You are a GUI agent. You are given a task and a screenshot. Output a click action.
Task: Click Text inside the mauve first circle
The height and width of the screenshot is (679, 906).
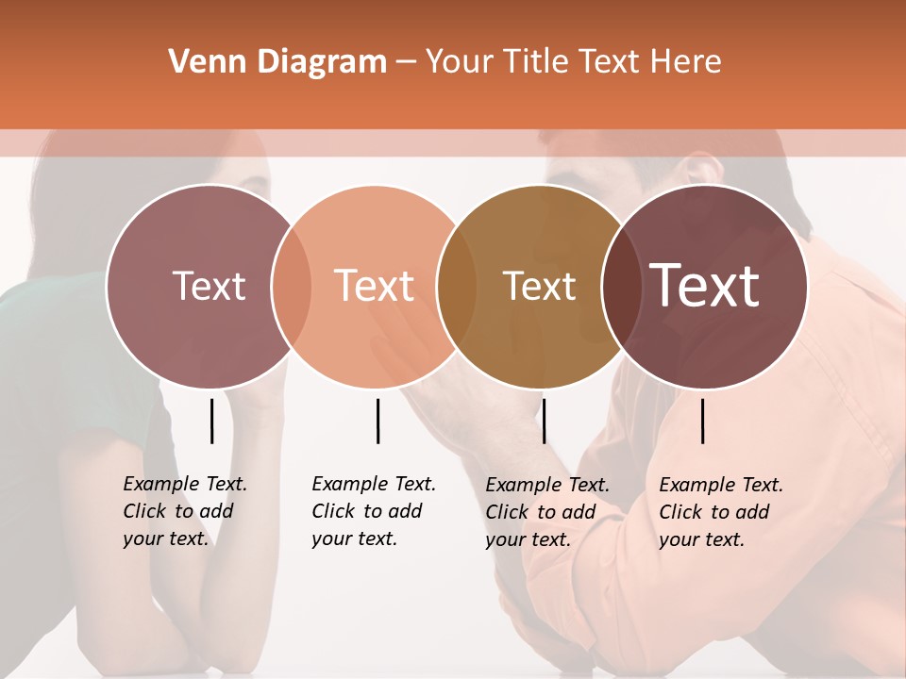209,286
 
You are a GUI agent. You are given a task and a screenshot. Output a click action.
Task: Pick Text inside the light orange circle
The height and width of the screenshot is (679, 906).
375,286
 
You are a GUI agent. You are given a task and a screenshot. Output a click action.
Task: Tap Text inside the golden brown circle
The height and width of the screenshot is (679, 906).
540,286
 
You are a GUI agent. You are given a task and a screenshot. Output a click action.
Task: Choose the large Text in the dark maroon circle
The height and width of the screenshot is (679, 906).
705,286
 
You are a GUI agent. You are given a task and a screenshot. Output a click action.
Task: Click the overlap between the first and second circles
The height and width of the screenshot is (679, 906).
292,287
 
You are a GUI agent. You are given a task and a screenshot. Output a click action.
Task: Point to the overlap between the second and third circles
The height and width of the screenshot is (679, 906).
458,287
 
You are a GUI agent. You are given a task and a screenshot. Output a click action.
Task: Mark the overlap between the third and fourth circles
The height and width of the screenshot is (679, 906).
619,287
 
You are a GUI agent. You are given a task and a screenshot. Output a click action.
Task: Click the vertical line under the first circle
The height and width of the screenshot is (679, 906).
211,421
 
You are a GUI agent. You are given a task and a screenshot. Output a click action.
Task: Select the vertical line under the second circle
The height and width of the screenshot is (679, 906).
377,421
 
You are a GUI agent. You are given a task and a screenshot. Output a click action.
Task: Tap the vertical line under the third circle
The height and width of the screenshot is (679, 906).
544,421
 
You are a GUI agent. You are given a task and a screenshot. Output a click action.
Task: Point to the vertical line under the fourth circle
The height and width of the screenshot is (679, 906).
703,421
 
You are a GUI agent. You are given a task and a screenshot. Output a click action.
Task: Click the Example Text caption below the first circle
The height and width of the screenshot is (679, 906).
184,511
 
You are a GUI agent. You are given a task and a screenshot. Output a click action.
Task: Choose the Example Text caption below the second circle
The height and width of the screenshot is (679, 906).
373,511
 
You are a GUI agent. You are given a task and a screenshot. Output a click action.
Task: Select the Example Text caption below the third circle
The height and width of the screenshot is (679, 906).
546,512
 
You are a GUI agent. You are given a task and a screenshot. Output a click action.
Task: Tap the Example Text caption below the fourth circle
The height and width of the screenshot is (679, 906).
720,512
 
